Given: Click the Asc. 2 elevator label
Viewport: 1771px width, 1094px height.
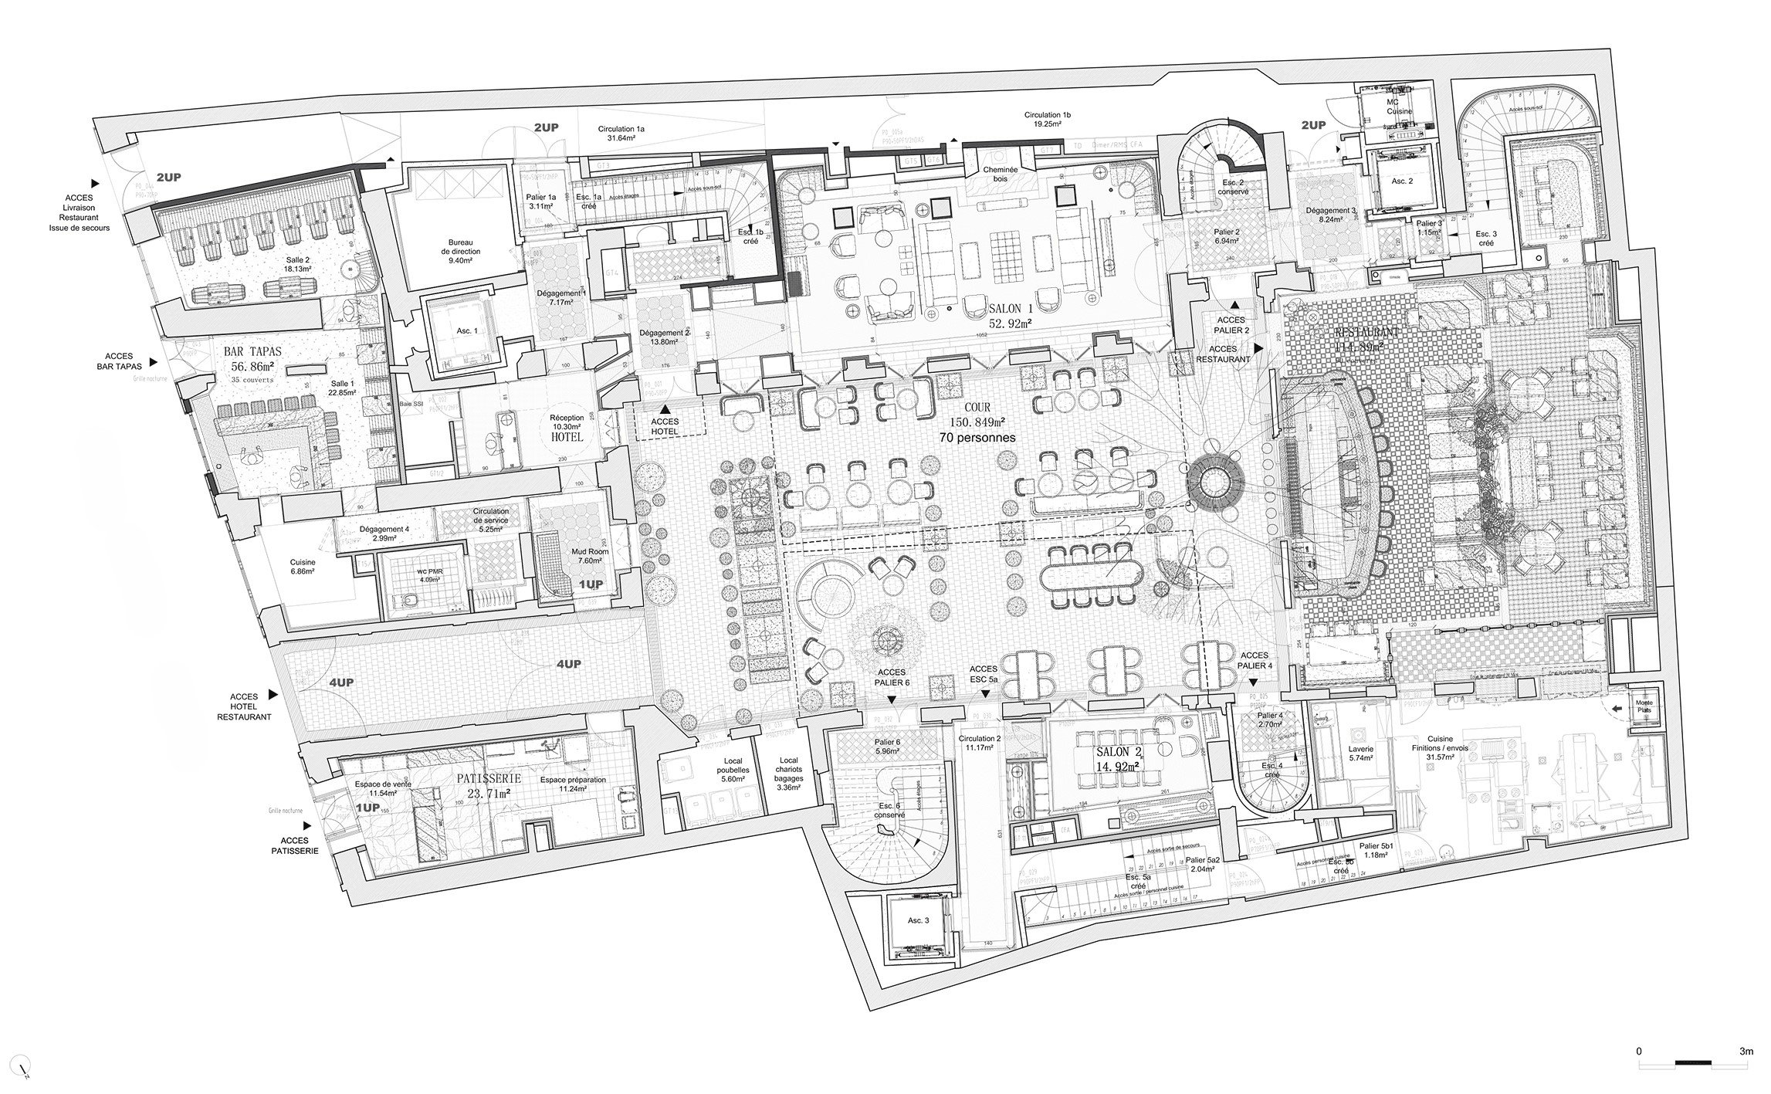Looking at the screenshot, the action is (1404, 181).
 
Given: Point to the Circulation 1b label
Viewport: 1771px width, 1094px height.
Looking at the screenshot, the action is (1049, 118).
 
